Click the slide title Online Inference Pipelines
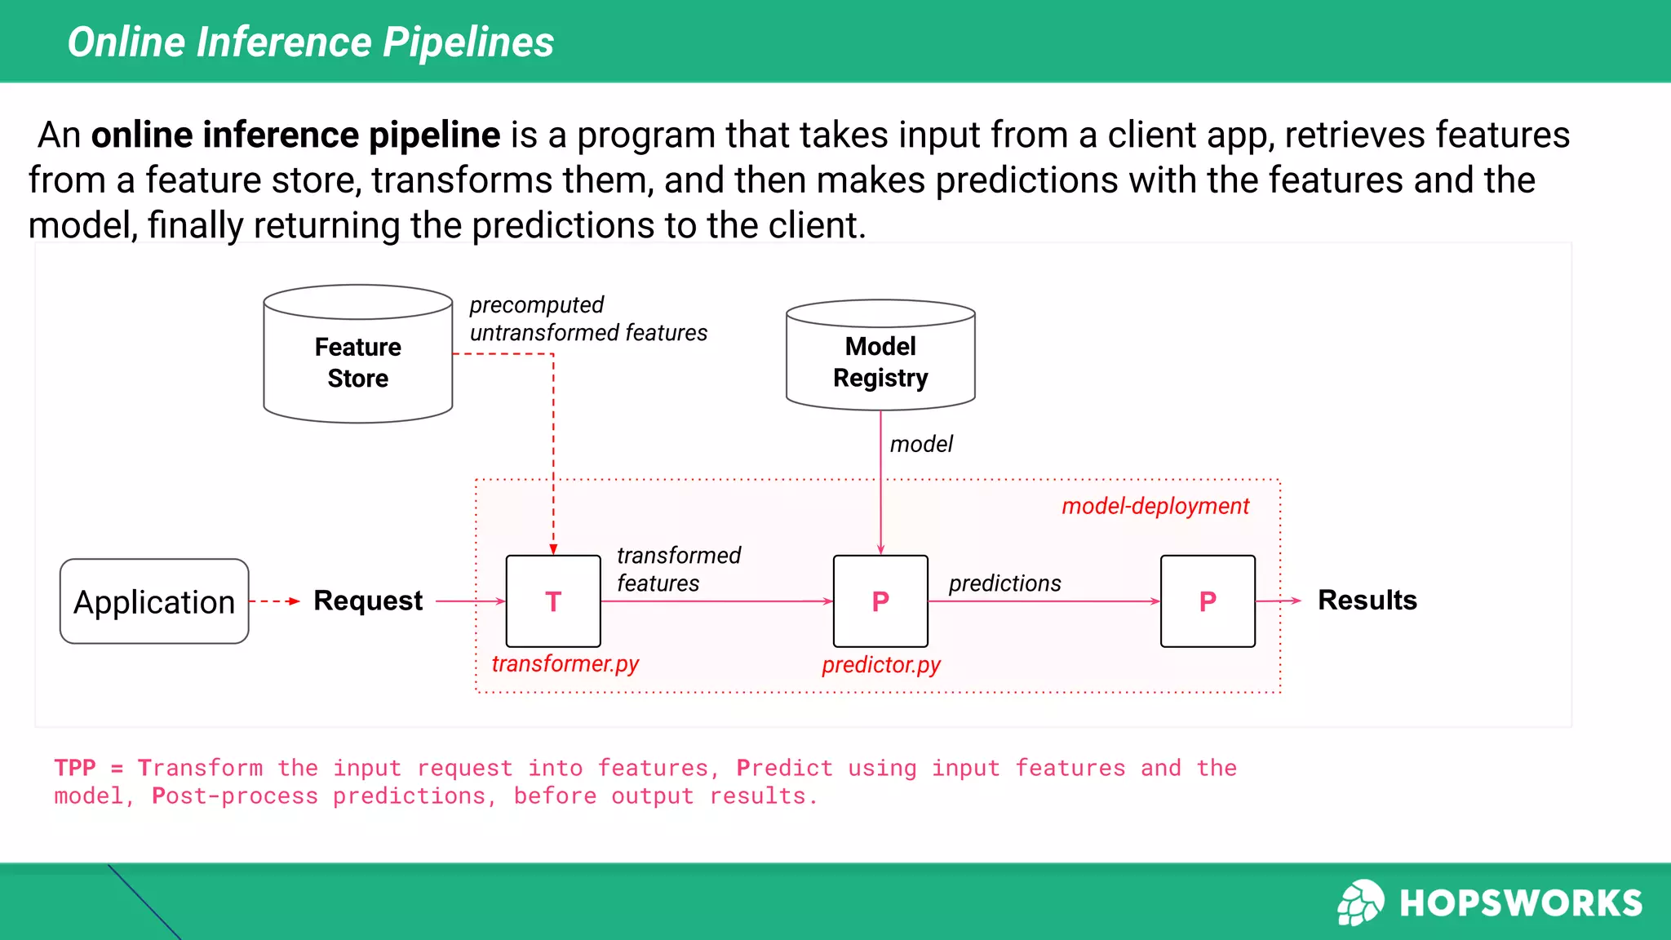click(310, 42)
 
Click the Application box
click(154, 601)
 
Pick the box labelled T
click(553, 601)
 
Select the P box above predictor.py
click(880, 601)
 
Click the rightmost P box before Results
click(1208, 601)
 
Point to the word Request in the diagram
click(368, 601)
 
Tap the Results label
click(1367, 600)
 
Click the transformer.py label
click(565, 663)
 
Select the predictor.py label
click(881, 665)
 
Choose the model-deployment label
click(1155, 506)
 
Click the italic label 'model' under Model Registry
click(921, 444)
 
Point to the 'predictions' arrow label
click(1004, 583)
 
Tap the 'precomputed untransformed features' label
click(587, 319)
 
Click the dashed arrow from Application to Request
click(274, 601)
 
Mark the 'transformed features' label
click(678, 569)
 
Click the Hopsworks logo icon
click(1360, 902)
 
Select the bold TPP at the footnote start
click(75, 768)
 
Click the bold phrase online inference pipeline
click(295, 135)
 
